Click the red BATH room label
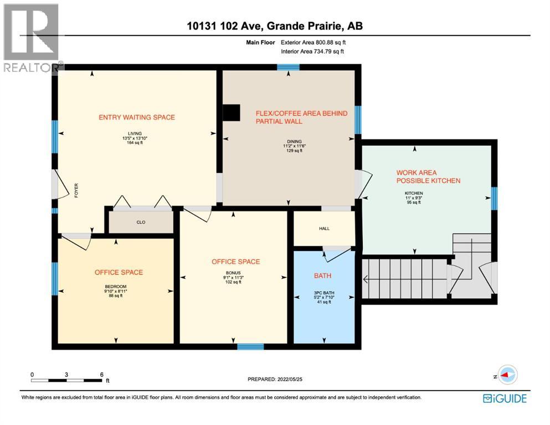pos(322,276)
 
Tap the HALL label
pos(324,229)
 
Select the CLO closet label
pos(141,222)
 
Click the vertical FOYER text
pos(76,190)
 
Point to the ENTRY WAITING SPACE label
pos(137,117)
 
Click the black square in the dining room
pos(232,113)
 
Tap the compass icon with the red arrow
pos(507,375)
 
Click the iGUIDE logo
pos(505,398)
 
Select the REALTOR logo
pos(32,38)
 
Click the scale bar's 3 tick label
pos(66,375)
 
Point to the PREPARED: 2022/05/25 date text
pos(275,379)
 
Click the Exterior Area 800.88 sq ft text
pos(313,43)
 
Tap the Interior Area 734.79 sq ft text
pos(312,51)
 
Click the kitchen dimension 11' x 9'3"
pos(414,198)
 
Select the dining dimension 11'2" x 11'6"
pos(294,146)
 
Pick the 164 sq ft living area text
pos(135,143)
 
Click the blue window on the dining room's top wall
pos(288,68)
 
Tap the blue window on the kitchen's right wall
pos(494,198)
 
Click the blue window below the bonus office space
pos(250,346)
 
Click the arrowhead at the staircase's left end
pos(365,279)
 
